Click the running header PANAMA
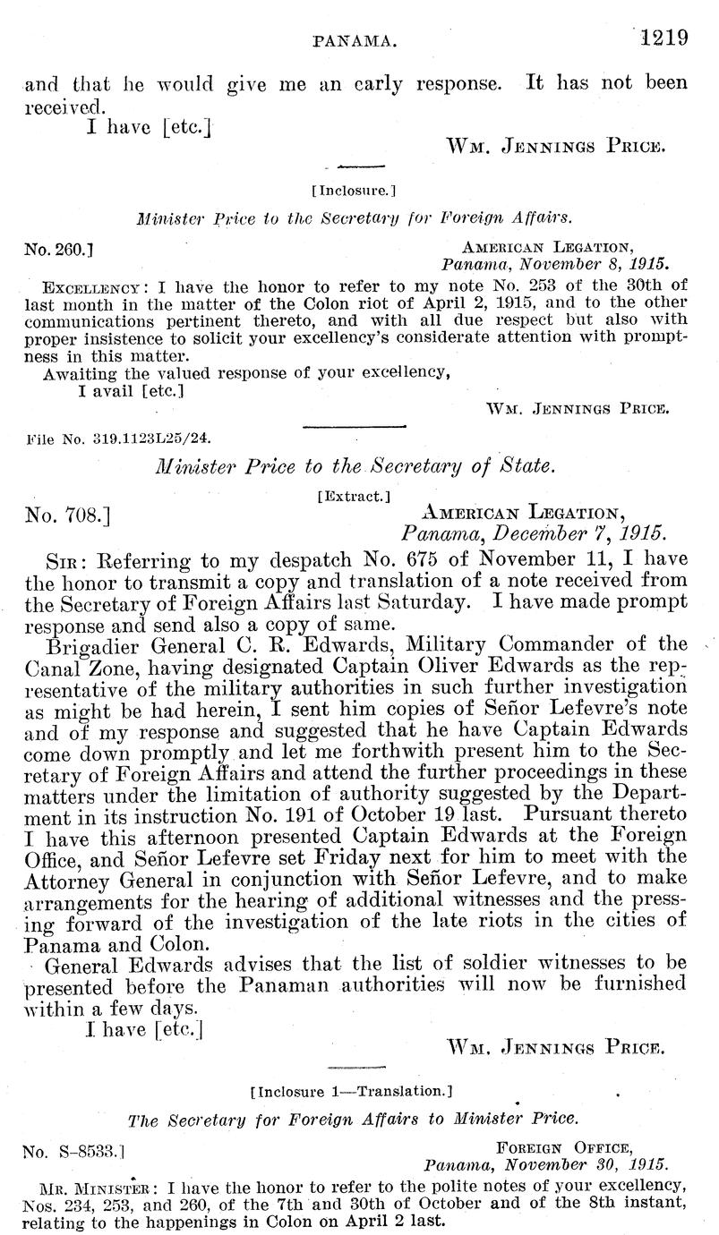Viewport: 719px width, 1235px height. point(352,40)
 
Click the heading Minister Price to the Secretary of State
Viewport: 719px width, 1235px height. point(355,466)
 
